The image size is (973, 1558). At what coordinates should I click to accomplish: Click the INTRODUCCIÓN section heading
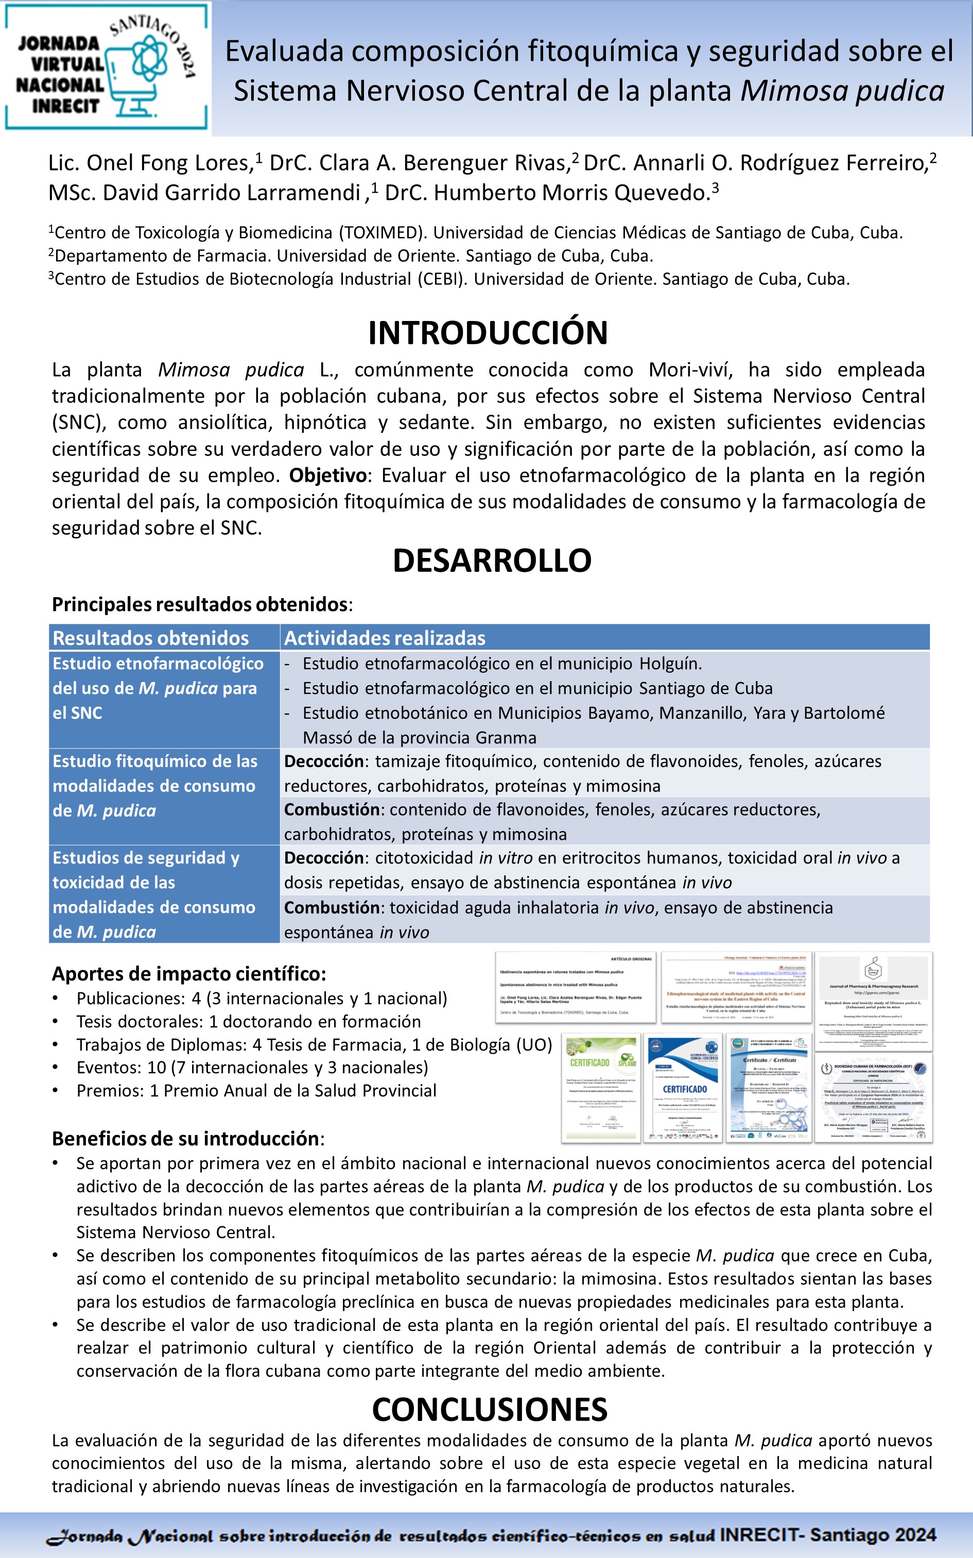488,333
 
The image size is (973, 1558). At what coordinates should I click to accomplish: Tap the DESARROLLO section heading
492,560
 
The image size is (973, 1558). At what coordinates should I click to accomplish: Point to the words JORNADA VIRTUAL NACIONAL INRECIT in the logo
60,75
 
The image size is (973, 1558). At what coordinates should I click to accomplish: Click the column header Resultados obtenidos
150,638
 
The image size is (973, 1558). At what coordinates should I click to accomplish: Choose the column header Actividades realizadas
385,638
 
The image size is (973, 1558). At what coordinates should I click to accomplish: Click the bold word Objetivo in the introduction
327,475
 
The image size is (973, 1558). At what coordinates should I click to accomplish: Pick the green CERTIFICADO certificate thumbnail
600,1088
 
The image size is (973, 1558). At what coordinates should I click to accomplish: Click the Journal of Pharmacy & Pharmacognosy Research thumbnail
873,1001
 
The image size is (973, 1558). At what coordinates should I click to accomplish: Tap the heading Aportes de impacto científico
188,973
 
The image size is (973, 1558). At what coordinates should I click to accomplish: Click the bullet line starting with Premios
256,1090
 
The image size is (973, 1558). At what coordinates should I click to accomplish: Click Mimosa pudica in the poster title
842,91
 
